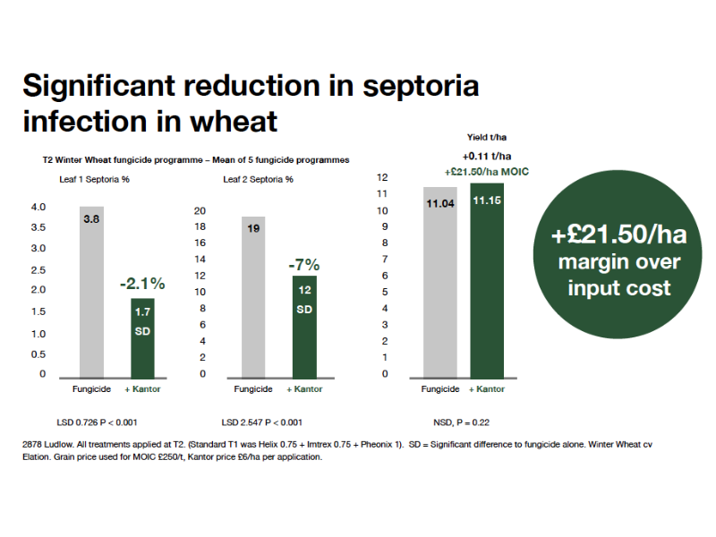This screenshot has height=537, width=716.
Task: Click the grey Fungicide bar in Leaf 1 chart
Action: [92, 293]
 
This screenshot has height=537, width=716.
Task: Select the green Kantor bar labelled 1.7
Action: [142, 338]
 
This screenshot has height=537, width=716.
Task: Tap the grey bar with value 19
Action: [253, 297]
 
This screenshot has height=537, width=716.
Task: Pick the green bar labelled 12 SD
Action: [304, 327]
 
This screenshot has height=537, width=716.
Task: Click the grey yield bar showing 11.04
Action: [440, 283]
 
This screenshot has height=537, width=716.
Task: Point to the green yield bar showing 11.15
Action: [487, 281]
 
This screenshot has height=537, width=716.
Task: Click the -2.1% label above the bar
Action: [142, 284]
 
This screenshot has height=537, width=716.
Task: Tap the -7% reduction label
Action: [304, 265]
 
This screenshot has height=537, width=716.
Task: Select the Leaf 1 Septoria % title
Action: [95, 180]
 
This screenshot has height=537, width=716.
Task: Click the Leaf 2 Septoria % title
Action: [258, 180]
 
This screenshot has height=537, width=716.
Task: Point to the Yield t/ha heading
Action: [487, 137]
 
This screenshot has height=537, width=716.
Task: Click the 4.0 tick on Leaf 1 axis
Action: [38, 207]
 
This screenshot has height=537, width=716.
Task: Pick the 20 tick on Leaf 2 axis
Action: [200, 211]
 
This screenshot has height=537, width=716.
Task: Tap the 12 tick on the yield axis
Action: [382, 177]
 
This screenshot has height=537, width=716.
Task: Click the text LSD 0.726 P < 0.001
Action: [97, 422]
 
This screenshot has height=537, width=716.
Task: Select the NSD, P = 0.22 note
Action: [461, 422]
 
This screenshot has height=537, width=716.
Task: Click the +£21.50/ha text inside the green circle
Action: [618, 234]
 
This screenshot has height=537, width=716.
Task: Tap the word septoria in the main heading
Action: [421, 87]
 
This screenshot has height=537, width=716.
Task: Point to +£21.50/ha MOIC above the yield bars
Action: [487, 172]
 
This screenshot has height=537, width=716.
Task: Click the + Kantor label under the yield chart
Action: [487, 389]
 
